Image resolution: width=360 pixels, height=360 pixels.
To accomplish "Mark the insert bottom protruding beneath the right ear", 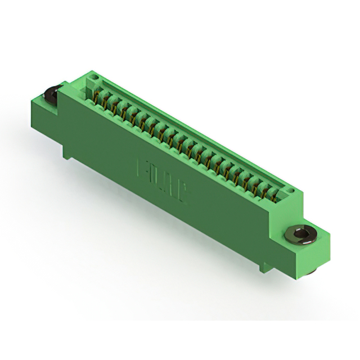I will pos(311,272).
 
